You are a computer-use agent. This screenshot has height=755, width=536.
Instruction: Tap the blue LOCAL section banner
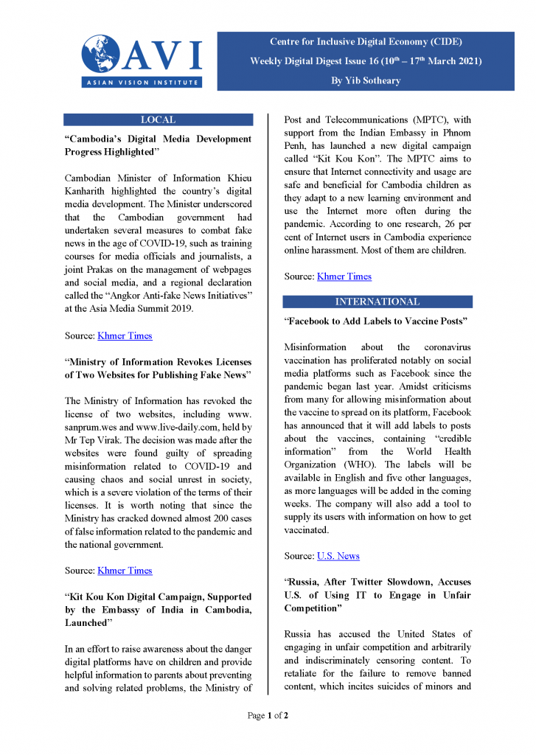[x=158, y=119]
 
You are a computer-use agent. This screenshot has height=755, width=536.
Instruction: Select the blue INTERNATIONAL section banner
[x=377, y=302]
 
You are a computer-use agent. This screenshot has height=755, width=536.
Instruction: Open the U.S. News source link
[x=338, y=555]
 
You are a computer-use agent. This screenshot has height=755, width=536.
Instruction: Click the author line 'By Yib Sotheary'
[x=366, y=80]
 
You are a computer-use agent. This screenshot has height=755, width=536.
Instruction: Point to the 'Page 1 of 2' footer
[x=268, y=715]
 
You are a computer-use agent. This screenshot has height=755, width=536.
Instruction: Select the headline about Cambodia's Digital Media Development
[x=158, y=145]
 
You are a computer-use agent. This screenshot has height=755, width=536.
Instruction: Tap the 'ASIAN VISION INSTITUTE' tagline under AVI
[x=142, y=83]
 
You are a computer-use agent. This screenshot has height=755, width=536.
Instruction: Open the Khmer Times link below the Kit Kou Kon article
[x=344, y=276]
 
